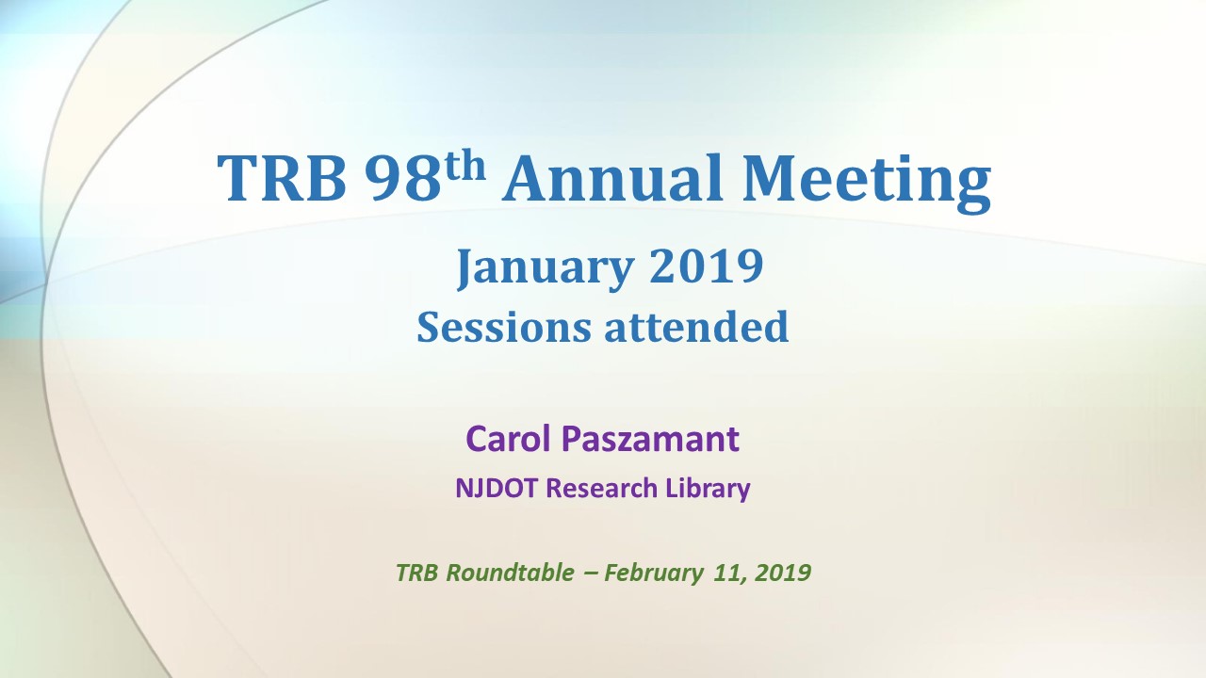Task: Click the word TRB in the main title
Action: click(x=282, y=178)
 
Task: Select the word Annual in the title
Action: click(x=611, y=178)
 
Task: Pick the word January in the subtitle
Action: click(x=546, y=268)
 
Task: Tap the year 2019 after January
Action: click(x=707, y=266)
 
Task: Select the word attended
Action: click(x=696, y=327)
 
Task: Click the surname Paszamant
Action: click(x=650, y=439)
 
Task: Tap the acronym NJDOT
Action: click(x=497, y=489)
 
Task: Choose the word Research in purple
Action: click(x=602, y=489)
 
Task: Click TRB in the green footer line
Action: click(x=416, y=573)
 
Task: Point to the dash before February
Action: click(x=589, y=573)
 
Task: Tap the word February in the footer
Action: click(x=654, y=573)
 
